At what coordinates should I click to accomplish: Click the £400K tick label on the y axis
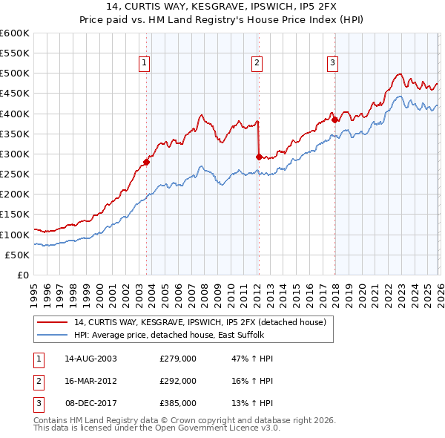[14, 114]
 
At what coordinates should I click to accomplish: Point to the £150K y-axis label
[14, 215]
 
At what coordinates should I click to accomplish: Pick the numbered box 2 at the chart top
[256, 64]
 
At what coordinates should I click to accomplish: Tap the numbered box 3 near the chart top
[333, 64]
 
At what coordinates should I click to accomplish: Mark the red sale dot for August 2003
[146, 163]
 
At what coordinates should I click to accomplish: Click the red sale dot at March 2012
[259, 157]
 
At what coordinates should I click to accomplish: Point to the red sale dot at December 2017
[334, 120]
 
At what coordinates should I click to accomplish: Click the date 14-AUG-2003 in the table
[90, 359]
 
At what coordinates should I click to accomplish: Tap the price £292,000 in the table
[178, 380]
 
